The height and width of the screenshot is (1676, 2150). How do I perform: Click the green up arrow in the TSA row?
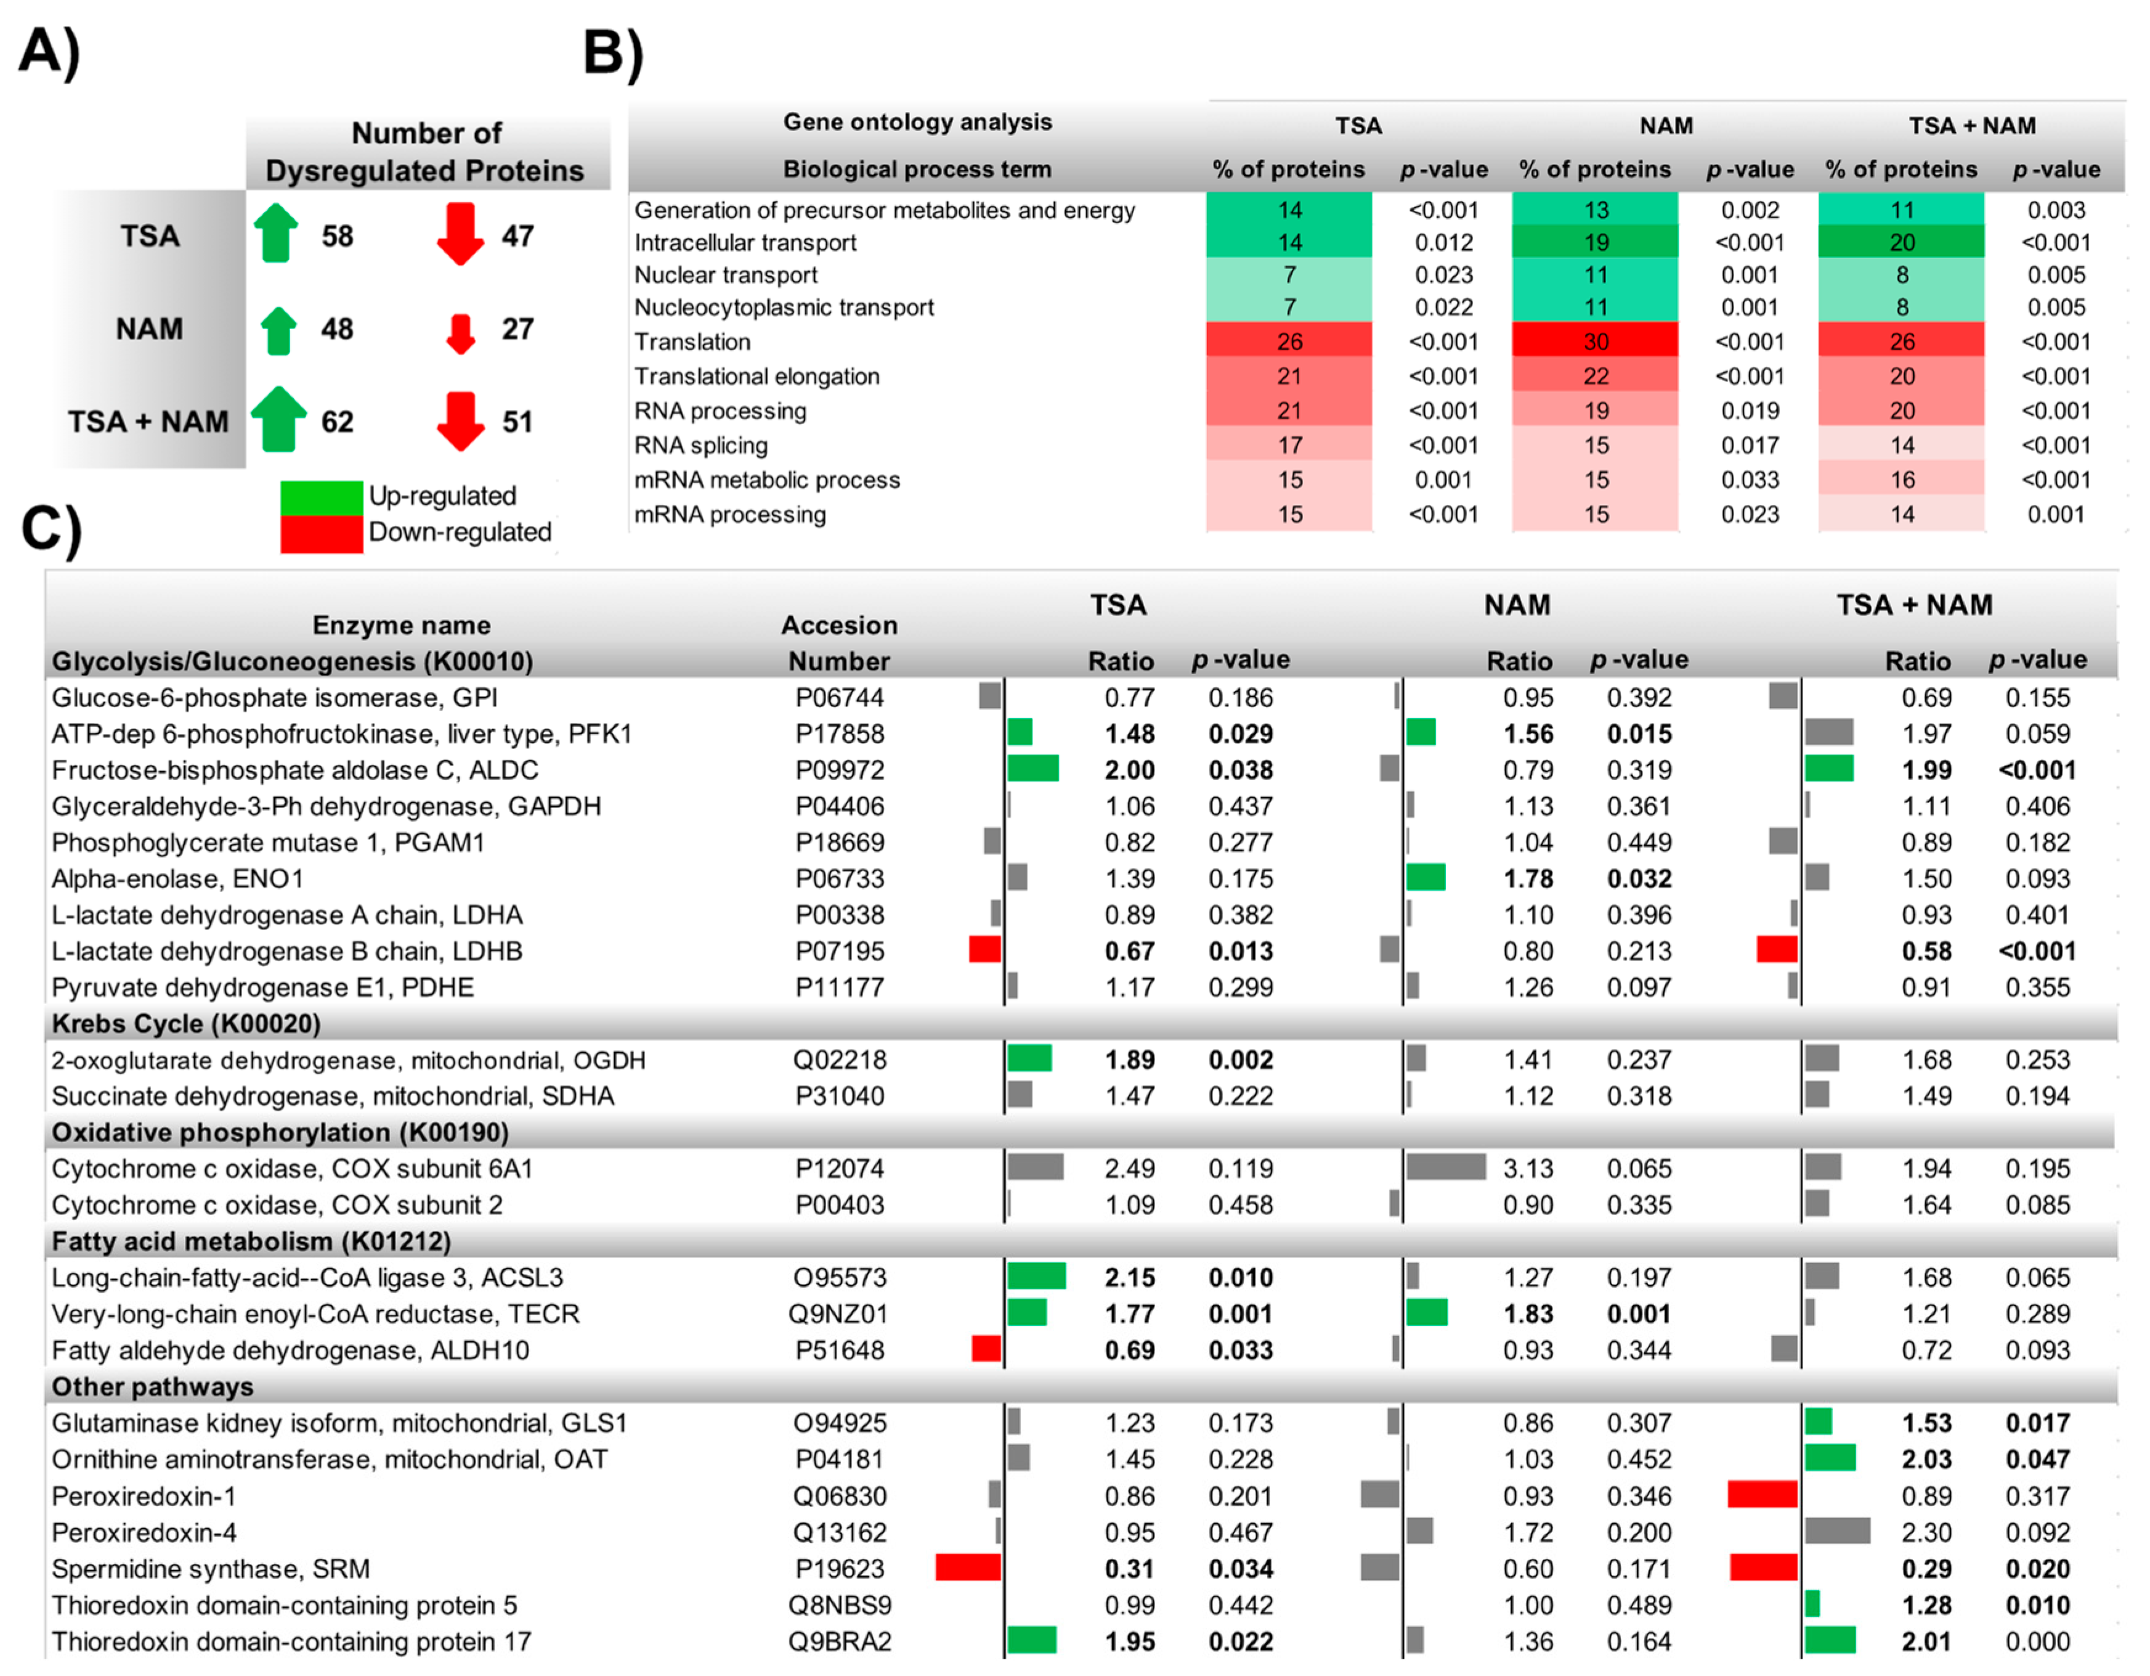pyautogui.click(x=277, y=234)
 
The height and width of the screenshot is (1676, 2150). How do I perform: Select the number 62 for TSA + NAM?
pyautogui.click(x=337, y=422)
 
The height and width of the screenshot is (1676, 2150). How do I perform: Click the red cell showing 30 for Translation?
pyautogui.click(x=1595, y=341)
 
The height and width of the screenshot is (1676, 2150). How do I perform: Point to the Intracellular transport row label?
pyautogui.click(x=745, y=242)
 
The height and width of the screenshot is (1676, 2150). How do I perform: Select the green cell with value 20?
pyautogui.click(x=1901, y=242)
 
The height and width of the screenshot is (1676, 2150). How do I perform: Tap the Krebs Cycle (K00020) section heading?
pyautogui.click(x=186, y=1023)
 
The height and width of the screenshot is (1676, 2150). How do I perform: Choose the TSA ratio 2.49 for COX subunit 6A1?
pyautogui.click(x=1129, y=1168)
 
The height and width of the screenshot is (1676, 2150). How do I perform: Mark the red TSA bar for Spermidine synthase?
pyautogui.click(x=968, y=1568)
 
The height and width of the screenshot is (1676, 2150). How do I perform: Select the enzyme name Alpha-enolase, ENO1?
pyautogui.click(x=177, y=878)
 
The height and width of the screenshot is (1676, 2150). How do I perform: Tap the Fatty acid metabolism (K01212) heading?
pyautogui.click(x=251, y=1241)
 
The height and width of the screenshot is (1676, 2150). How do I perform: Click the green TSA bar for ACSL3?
pyautogui.click(x=1036, y=1276)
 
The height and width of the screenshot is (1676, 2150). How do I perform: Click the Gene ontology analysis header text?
pyautogui.click(x=917, y=122)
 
